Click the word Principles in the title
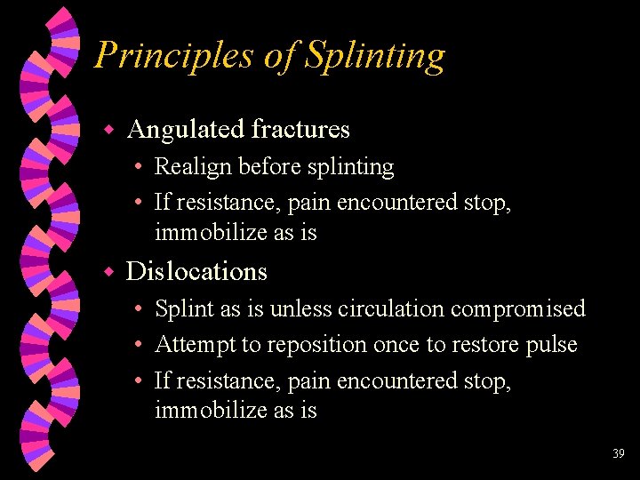tap(174, 56)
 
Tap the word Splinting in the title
tap(374, 56)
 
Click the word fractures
tap(300, 130)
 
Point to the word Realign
tap(188, 167)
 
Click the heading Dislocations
tap(196, 271)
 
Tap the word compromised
tap(518, 309)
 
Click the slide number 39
tap(619, 453)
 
